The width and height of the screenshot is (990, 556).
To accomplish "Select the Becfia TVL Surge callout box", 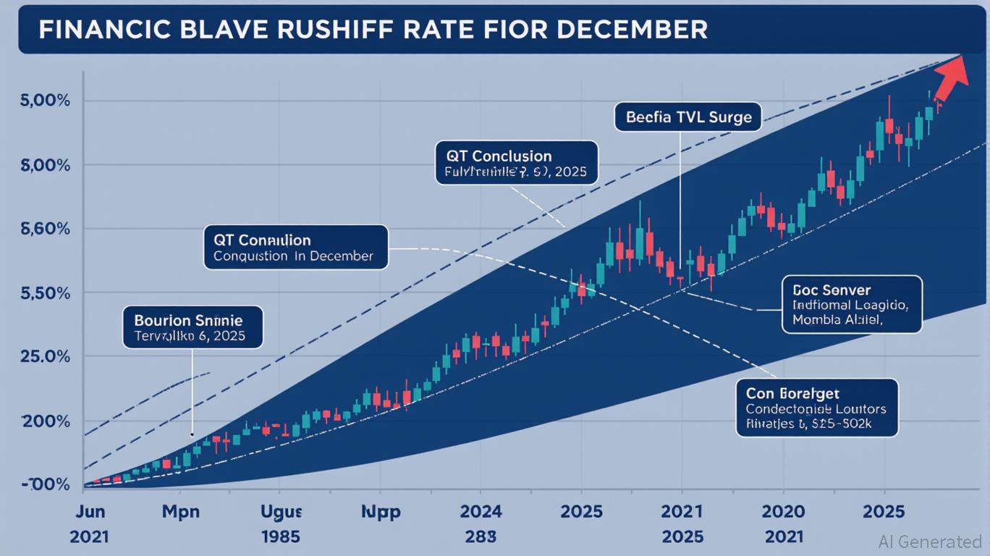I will [x=687, y=117].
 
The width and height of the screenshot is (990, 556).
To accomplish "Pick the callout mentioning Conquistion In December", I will [x=295, y=248].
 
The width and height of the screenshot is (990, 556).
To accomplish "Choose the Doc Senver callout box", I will [x=852, y=304].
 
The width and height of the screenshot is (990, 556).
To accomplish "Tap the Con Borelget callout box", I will [x=816, y=408].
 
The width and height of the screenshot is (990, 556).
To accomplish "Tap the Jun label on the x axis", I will [x=90, y=512].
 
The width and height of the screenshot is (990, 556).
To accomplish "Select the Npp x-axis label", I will [x=381, y=512].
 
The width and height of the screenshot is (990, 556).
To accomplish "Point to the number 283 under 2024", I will [x=481, y=536].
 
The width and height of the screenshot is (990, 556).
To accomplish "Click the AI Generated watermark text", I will [x=929, y=542].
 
